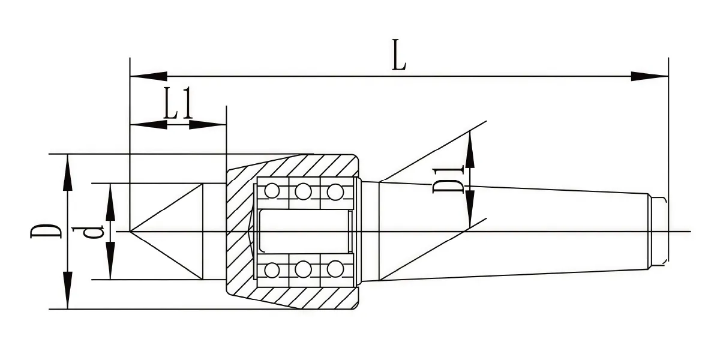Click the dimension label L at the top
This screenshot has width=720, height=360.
(399, 55)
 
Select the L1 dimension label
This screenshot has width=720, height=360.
(178, 103)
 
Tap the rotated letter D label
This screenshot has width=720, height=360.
(46, 231)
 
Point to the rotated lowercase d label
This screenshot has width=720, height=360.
(88, 232)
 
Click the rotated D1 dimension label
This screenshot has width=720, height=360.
(448, 179)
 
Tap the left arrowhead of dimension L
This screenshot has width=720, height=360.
(149, 77)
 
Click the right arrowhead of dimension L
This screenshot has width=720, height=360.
(650, 77)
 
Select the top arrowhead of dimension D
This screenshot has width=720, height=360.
(67, 173)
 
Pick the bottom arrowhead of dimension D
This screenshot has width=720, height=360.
(67, 290)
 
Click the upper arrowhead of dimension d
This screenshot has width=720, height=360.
(110, 202)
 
